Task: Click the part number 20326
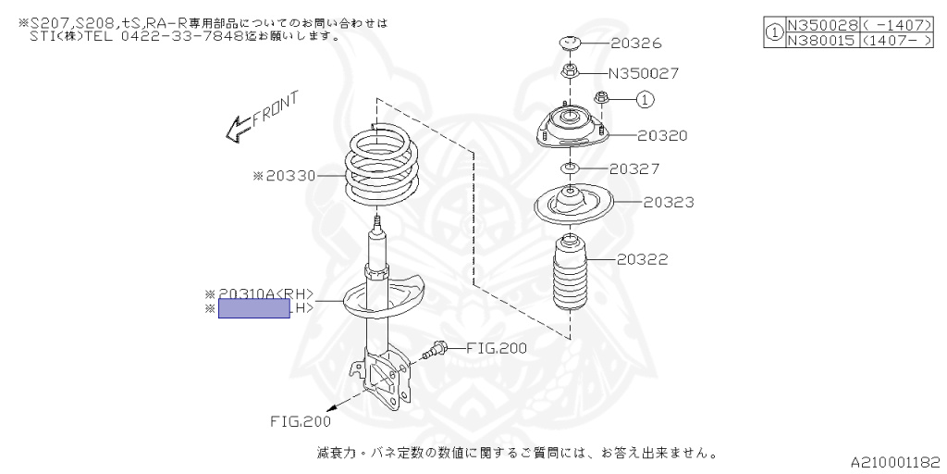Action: point(636,44)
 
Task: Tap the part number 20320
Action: point(662,135)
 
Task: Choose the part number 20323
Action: point(669,201)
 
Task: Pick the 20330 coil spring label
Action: point(290,175)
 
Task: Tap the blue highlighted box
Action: point(254,309)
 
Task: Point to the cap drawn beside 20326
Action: point(568,44)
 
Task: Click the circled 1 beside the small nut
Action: point(646,98)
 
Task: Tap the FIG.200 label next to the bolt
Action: point(496,349)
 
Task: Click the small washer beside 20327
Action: point(570,168)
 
